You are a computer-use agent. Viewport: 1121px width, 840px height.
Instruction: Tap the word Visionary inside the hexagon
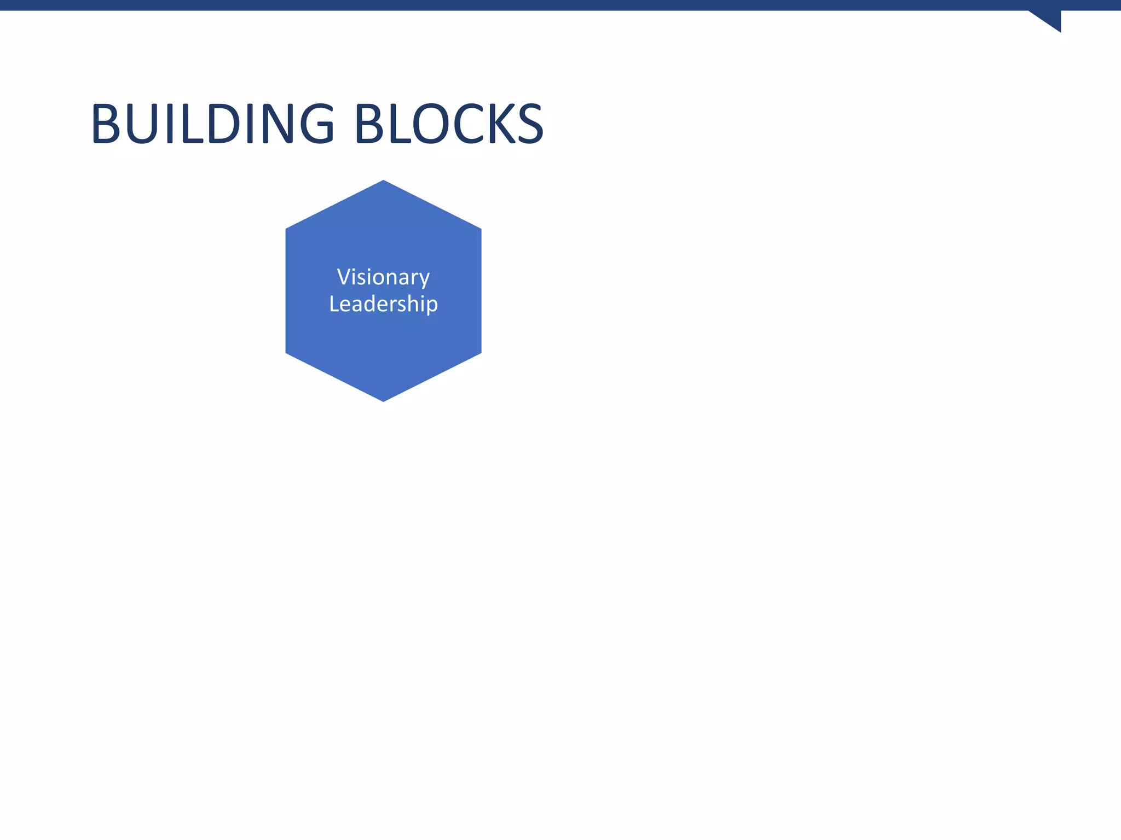(383, 277)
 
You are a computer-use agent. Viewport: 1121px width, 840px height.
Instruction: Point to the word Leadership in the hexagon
(383, 304)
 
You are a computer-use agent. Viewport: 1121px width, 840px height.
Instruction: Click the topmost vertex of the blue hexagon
(383, 181)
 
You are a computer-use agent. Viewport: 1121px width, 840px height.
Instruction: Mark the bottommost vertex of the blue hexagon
(383, 401)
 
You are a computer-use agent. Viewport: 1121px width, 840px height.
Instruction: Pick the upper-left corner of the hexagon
(286, 229)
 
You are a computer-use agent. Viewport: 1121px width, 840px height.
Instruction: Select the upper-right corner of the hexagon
(481, 229)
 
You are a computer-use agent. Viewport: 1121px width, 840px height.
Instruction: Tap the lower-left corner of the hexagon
(286, 353)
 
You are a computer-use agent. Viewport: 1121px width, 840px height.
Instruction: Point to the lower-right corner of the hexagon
(481, 353)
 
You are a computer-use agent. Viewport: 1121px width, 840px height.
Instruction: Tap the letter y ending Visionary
(423, 279)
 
